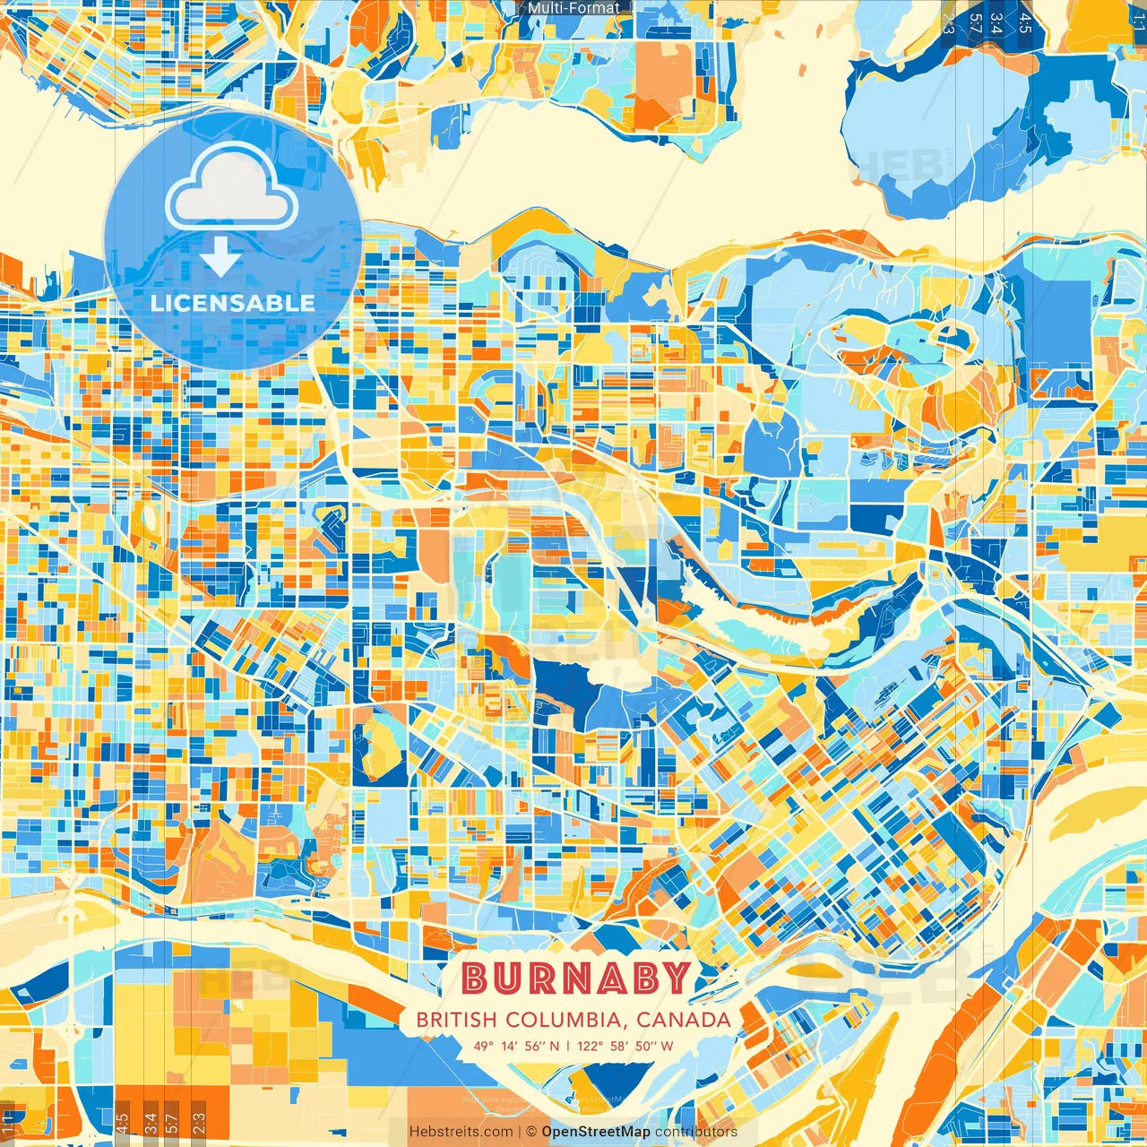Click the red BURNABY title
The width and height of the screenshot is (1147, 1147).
point(576,979)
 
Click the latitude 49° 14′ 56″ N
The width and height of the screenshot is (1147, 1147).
point(516,1045)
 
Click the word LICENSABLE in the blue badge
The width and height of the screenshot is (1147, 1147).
point(233,303)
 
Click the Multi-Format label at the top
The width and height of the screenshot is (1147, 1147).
point(573,8)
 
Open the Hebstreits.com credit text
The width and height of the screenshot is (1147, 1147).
point(460,1132)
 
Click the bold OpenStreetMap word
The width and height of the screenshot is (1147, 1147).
point(596,1132)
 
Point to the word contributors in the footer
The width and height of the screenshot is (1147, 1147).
point(696,1132)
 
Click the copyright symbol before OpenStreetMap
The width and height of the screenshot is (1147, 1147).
point(530,1132)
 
